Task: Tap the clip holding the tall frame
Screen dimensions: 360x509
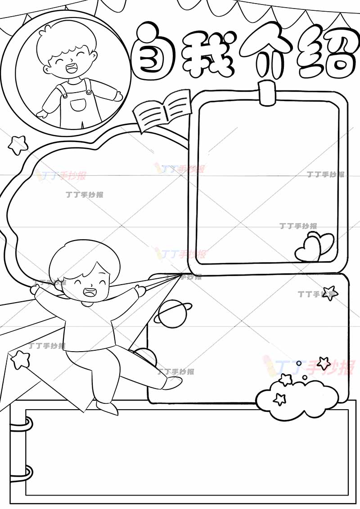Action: (x=267, y=94)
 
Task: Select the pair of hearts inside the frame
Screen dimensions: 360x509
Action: (x=315, y=247)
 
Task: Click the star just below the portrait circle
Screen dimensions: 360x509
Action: (x=18, y=144)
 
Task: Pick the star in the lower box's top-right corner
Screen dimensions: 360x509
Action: (x=329, y=293)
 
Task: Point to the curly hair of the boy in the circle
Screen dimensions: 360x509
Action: (x=66, y=39)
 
